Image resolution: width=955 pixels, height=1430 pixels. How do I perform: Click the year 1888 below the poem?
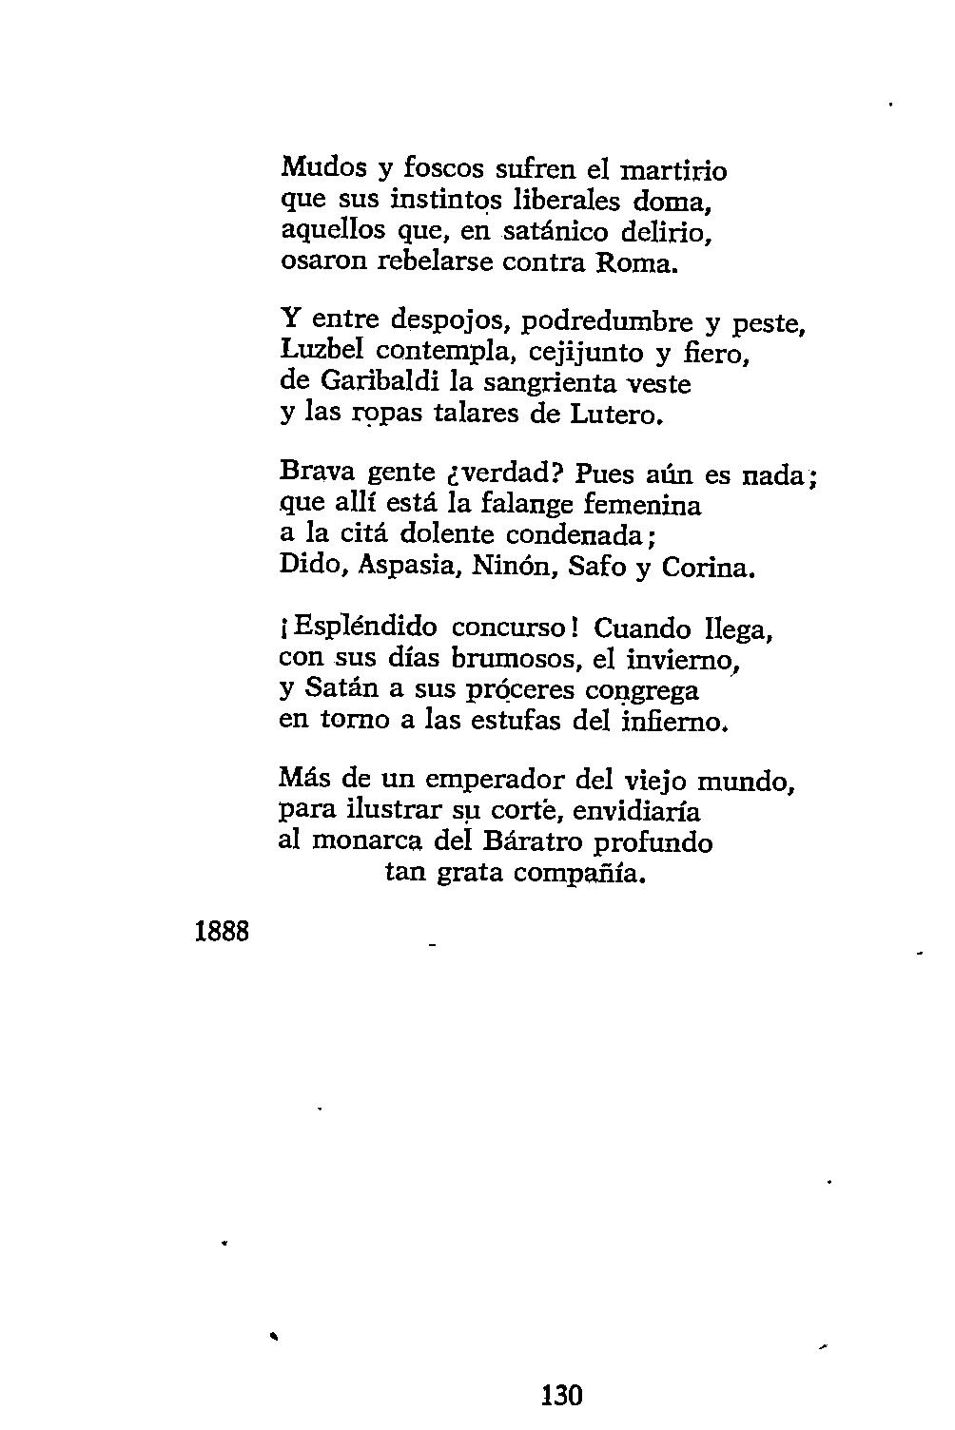click(x=222, y=931)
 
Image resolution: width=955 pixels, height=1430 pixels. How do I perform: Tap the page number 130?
click(x=561, y=1396)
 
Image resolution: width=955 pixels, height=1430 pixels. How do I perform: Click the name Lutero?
click(x=615, y=415)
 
